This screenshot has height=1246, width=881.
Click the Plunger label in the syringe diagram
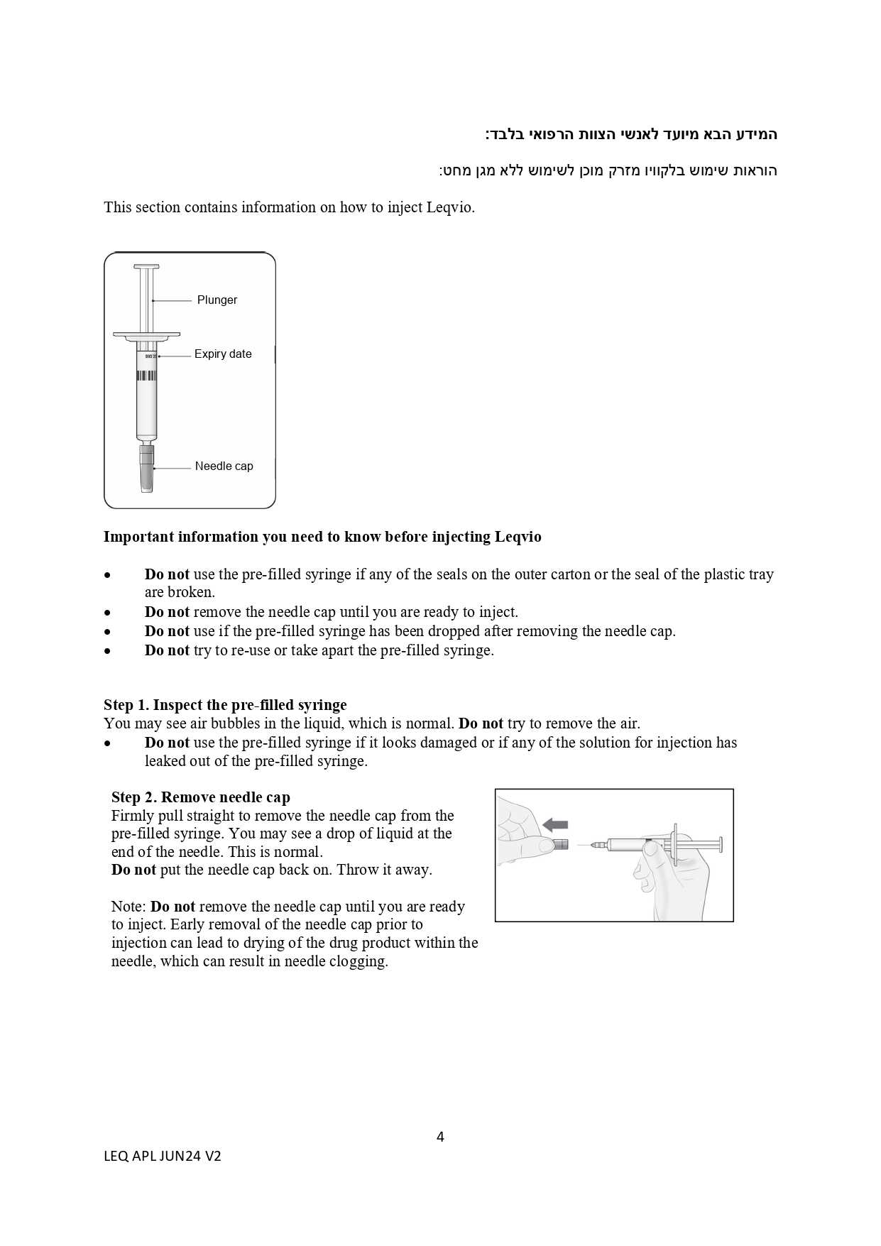(217, 300)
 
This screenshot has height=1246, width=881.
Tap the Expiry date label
(223, 354)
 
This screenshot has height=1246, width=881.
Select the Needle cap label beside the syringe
(224, 466)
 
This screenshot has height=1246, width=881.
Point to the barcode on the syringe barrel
(147, 375)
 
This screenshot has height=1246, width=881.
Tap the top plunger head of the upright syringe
(146, 268)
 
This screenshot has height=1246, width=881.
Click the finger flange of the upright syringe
(146, 334)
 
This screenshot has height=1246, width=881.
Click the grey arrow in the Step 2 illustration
(555, 824)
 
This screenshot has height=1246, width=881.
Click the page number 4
(440, 1137)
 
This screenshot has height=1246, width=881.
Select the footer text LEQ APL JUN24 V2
(163, 1156)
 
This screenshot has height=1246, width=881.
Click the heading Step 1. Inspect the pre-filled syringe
(225, 705)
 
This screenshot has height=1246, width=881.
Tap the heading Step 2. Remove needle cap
(201, 797)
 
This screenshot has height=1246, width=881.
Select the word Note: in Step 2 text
(128, 907)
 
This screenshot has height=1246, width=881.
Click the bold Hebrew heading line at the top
(631, 134)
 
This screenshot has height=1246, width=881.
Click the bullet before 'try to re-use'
(108, 651)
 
